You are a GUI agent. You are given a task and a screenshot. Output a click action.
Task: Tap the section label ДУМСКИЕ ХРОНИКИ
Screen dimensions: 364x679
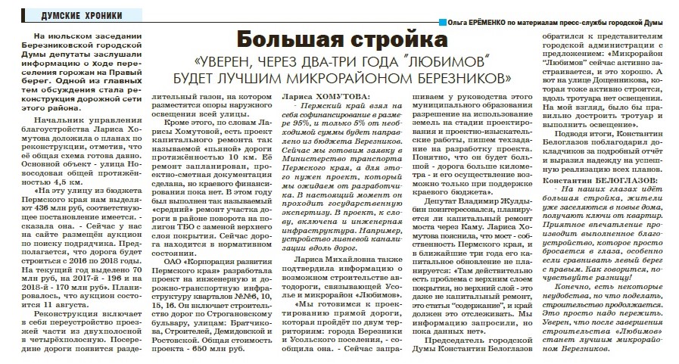pos(51,15)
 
